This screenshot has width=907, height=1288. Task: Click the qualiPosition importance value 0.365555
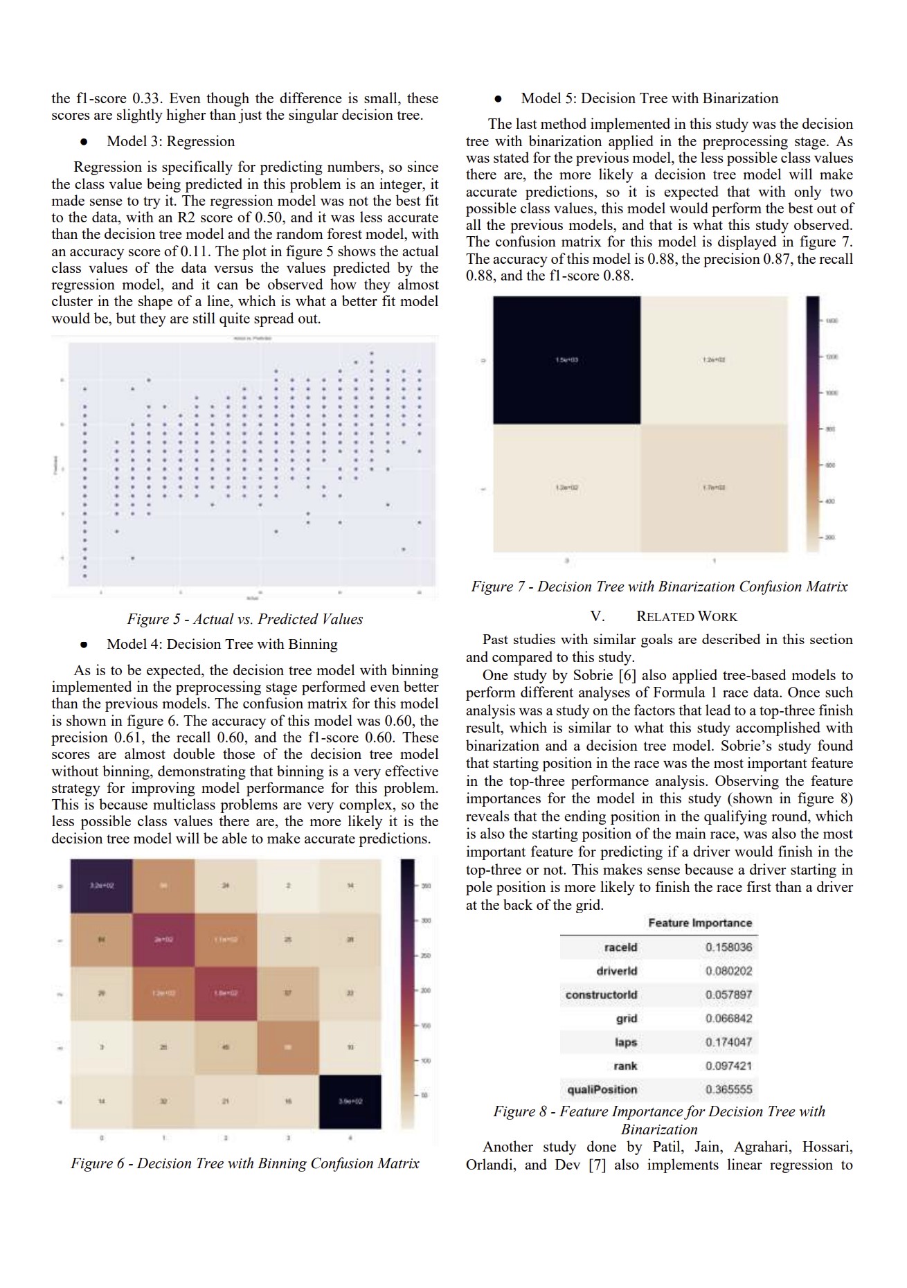click(728, 1089)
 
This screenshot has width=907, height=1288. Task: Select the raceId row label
click(620, 947)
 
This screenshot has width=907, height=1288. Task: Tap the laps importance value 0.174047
click(728, 1041)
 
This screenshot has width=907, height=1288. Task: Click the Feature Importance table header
click(699, 922)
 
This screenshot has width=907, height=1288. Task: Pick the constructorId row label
click(601, 994)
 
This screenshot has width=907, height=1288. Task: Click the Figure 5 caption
click(244, 619)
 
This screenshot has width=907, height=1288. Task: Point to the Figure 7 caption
click(659, 587)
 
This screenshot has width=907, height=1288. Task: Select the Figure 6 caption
click(244, 1163)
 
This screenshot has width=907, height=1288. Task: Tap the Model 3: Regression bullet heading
click(170, 141)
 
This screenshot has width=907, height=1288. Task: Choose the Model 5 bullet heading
click(649, 98)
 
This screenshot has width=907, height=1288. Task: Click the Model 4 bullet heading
click(222, 644)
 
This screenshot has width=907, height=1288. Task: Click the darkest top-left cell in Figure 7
click(566, 360)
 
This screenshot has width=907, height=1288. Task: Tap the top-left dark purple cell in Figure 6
click(101, 886)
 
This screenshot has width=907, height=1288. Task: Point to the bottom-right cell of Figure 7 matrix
click(714, 488)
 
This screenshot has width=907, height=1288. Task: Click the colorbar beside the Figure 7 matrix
click(812, 424)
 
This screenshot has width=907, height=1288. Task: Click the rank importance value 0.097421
click(728, 1066)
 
